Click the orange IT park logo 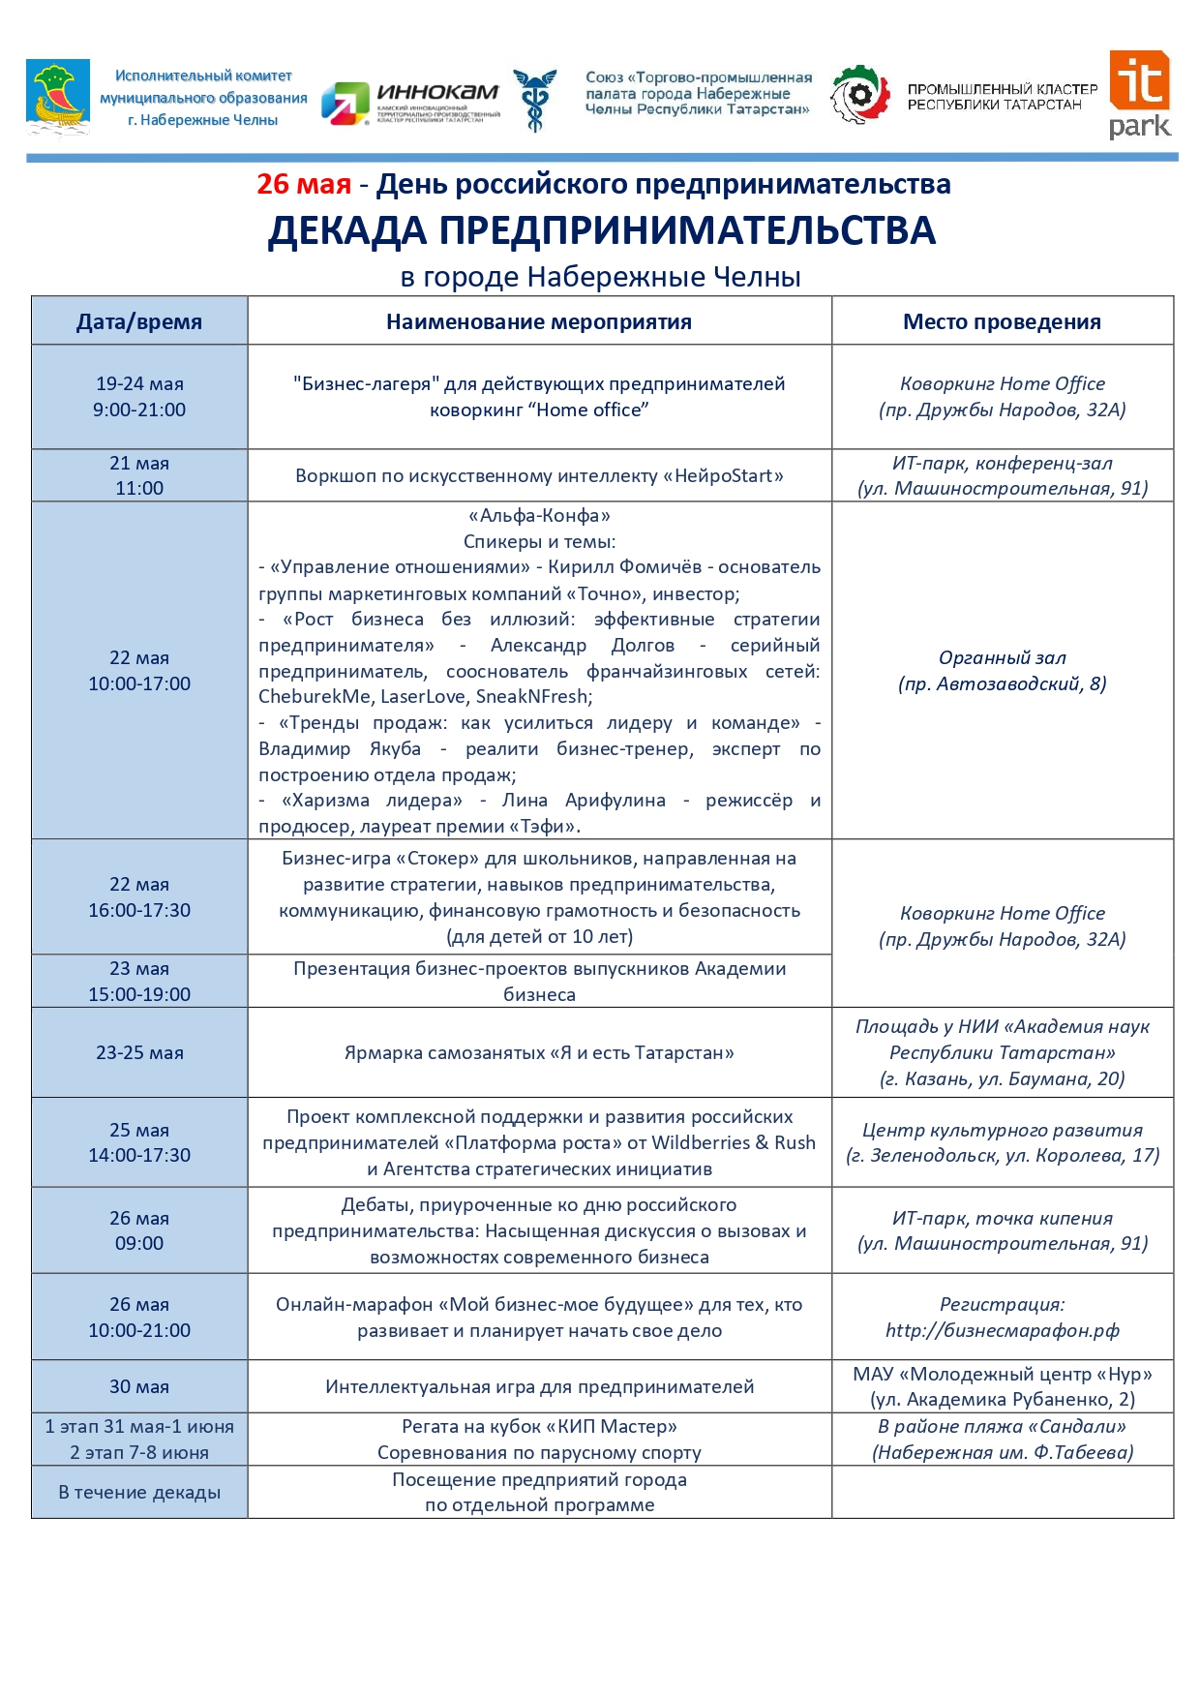point(1139,94)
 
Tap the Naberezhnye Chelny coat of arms point(58,97)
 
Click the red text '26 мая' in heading point(303,184)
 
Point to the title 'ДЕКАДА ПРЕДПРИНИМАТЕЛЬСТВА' point(601,230)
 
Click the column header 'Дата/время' point(139,321)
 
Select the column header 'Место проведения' point(1002,321)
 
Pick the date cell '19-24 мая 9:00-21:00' point(139,397)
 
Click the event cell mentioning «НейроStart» point(539,475)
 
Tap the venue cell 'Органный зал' point(1002,670)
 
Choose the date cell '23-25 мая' point(139,1052)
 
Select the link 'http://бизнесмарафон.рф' point(1002,1330)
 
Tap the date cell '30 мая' point(139,1386)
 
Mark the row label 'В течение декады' point(139,1492)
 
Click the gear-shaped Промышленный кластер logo point(859,94)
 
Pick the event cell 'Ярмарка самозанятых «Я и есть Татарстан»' point(539,1052)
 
